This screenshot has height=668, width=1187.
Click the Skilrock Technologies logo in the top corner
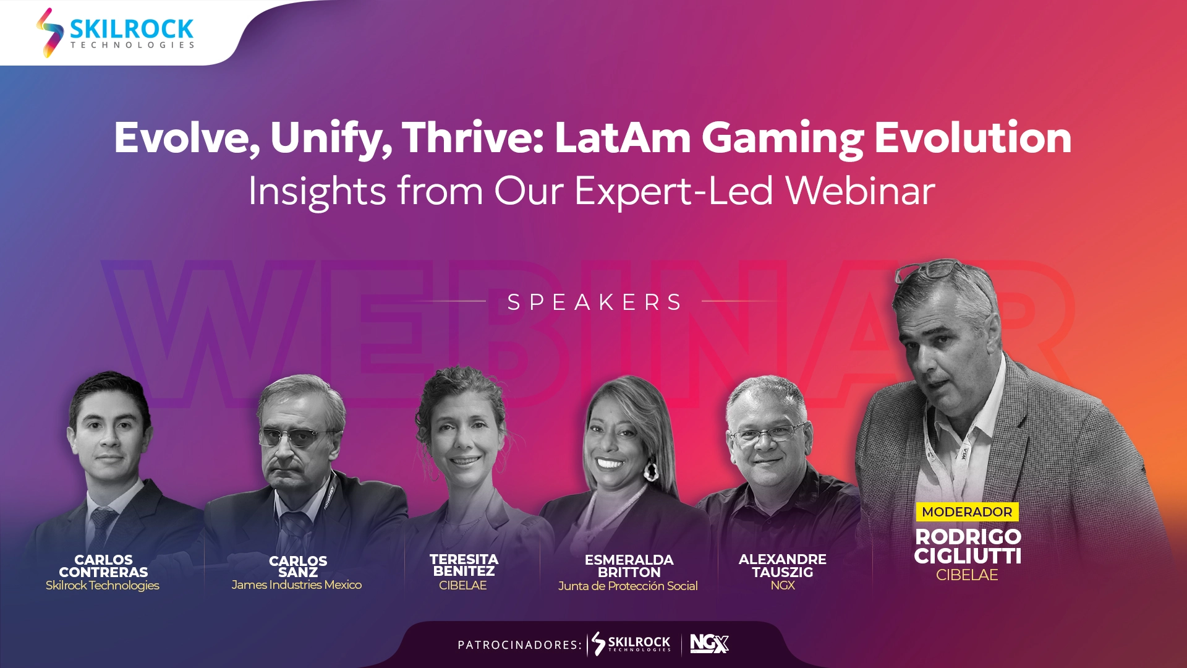(116, 32)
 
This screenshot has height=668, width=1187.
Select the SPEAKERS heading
(595, 302)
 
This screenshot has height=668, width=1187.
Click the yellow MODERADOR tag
(967, 512)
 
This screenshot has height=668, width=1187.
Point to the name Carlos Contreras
(103, 566)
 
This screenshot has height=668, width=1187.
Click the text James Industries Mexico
(297, 584)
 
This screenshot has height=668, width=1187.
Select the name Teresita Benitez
(464, 565)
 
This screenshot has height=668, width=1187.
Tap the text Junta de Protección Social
(628, 586)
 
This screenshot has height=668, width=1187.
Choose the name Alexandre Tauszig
(783, 566)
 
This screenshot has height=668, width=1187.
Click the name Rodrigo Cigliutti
(968, 547)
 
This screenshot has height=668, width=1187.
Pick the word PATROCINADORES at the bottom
(519, 645)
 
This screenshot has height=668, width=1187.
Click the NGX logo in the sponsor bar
(709, 644)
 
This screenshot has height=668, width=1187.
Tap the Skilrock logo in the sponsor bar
(631, 644)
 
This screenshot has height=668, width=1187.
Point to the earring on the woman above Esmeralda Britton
(651, 470)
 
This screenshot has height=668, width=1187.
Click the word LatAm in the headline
(623, 137)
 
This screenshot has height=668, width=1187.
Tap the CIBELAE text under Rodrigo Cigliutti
(967, 575)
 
